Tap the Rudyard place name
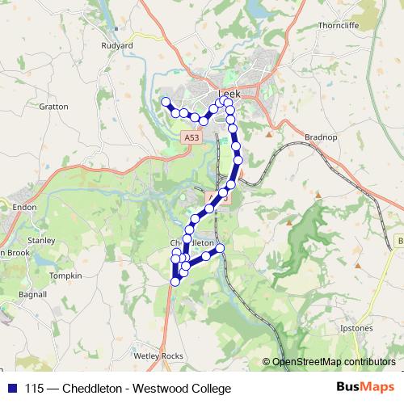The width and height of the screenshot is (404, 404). [x=117, y=46]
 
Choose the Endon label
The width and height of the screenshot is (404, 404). [x=19, y=208]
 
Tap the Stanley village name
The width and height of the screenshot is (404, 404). [x=40, y=240]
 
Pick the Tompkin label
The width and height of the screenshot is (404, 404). [x=65, y=276]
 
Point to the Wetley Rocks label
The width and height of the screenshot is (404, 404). [x=158, y=355]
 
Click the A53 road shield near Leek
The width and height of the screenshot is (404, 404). [x=191, y=138]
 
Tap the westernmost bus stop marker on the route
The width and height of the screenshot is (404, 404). [x=166, y=102]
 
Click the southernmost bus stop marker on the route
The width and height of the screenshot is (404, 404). [x=175, y=282]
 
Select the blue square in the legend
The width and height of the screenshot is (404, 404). [x=11, y=389]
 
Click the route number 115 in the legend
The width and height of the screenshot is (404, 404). [x=34, y=389]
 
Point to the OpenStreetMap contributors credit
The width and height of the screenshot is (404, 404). [x=333, y=361]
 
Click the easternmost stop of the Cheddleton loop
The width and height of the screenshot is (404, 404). [x=219, y=247]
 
